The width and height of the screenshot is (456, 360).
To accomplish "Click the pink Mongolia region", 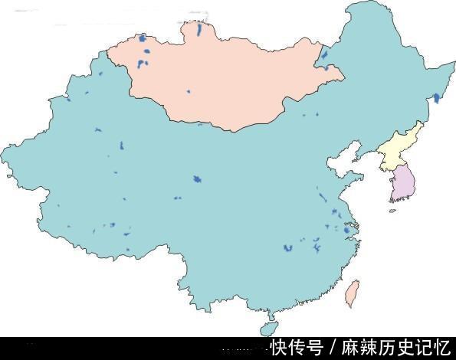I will click(x=222, y=80).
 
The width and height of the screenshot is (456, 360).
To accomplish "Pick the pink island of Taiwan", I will click(x=353, y=293).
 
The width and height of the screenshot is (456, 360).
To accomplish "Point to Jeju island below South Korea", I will click(x=393, y=211).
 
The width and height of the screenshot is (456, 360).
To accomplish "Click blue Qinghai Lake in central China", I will click(x=197, y=180).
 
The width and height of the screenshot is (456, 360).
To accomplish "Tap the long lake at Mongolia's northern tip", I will click(x=199, y=31).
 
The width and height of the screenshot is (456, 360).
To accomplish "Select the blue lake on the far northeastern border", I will click(x=437, y=98).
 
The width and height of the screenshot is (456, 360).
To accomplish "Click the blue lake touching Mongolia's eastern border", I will click(x=325, y=56).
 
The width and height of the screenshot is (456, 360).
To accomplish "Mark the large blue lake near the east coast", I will click(x=349, y=229).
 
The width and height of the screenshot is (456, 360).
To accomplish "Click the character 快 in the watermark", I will click(x=278, y=348).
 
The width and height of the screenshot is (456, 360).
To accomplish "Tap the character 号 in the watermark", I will click(x=314, y=348).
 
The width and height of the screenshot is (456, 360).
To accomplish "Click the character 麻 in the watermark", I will click(x=350, y=348).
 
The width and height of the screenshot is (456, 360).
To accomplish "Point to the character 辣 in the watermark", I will click(x=369, y=348).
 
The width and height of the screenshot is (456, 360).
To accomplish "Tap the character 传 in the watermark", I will click(x=297, y=348).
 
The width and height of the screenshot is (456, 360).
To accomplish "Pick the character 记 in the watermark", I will click(x=423, y=348).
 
